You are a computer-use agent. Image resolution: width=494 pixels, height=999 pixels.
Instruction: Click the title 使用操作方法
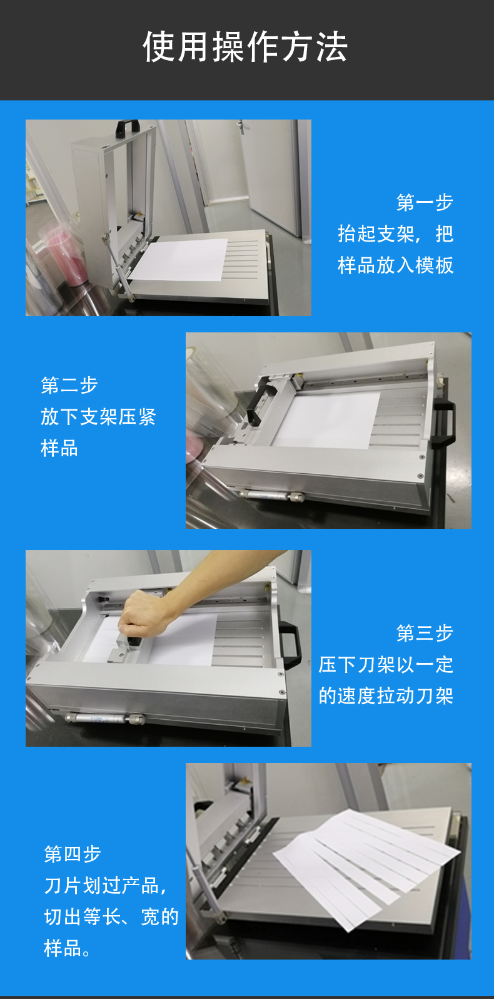point(245,47)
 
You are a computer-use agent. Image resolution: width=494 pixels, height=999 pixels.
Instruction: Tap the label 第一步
point(425,202)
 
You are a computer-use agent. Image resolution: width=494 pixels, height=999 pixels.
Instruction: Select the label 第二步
point(69,385)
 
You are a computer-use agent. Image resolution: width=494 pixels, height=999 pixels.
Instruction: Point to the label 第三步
point(425,633)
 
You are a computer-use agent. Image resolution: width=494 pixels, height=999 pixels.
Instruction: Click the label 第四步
point(73,854)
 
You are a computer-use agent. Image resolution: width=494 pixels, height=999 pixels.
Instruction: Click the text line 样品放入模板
point(395,265)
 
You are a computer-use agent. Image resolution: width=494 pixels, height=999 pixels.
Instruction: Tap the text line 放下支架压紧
point(98,416)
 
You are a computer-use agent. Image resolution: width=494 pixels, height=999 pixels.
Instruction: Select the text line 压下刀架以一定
point(386,664)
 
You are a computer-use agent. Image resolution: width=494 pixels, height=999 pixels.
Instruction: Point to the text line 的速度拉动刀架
point(386,695)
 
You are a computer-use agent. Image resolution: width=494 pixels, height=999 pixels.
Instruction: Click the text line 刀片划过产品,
point(106,885)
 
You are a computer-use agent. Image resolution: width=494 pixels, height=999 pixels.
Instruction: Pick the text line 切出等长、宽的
point(111,916)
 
